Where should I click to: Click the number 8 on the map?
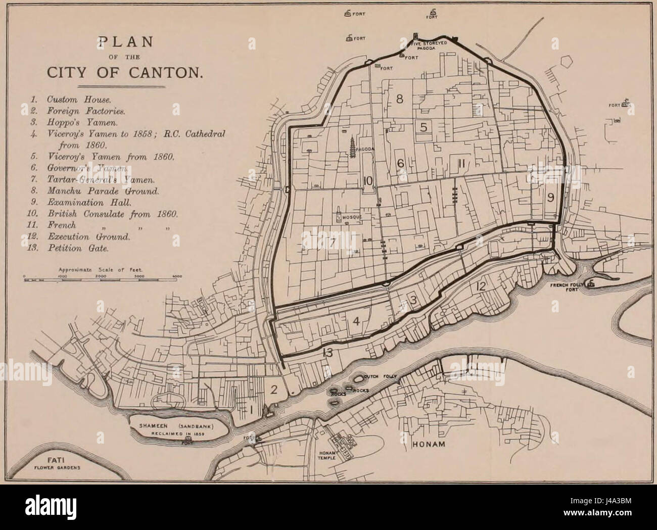400,100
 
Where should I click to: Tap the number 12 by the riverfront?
481,287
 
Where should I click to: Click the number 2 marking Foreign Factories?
274,390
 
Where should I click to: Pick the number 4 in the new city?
356,321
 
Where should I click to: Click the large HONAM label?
429,446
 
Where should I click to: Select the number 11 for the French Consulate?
461,163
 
